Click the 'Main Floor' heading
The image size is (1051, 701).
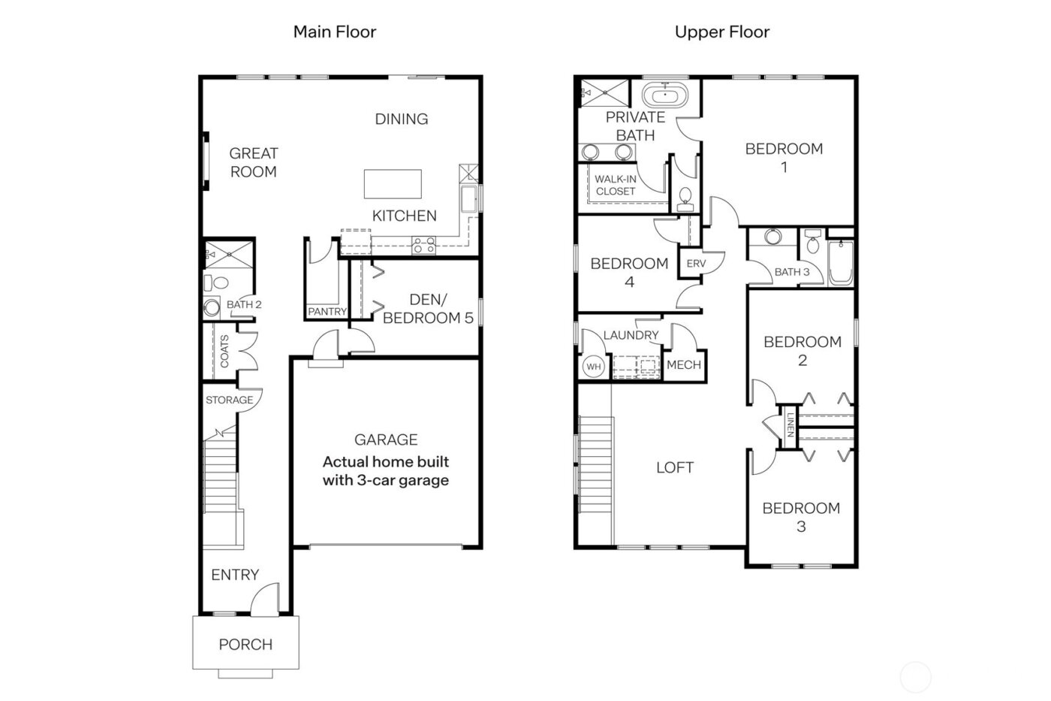(x=334, y=32)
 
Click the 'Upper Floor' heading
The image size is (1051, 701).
(x=721, y=32)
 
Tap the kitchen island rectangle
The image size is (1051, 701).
(x=392, y=183)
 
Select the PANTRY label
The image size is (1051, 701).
(x=327, y=311)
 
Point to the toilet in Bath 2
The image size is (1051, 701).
(x=217, y=283)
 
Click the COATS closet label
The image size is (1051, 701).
(x=224, y=351)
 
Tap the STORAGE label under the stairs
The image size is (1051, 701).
(x=229, y=400)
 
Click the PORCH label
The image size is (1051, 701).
(x=245, y=644)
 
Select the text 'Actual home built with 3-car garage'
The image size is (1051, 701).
(x=386, y=471)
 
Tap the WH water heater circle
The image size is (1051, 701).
(x=594, y=367)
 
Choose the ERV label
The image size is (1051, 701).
(x=696, y=264)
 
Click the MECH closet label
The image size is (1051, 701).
(x=684, y=364)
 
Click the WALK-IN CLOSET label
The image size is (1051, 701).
(x=616, y=185)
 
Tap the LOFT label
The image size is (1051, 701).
(x=674, y=467)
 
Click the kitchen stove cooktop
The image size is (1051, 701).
(x=424, y=244)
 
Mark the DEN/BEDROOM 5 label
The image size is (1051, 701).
(x=428, y=309)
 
